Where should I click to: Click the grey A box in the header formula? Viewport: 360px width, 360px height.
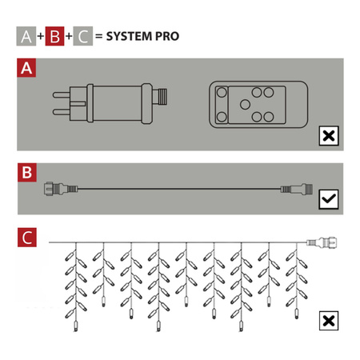[26, 36]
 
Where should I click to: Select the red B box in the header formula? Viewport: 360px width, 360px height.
[54, 36]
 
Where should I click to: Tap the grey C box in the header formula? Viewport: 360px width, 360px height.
[83, 36]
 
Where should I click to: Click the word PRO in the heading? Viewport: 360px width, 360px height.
[167, 36]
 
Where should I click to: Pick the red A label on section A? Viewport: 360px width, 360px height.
[26, 68]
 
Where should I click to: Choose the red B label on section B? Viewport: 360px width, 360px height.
[27, 173]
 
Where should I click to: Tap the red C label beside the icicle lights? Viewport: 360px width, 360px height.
[27, 238]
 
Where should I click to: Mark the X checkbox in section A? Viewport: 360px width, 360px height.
[329, 136]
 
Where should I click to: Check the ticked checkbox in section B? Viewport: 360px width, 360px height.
[329, 199]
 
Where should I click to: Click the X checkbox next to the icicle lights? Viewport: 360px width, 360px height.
[329, 321]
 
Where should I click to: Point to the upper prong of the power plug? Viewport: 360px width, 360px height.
[62, 95]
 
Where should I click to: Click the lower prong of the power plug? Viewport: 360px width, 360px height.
[62, 112]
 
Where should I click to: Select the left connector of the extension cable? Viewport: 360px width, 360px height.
[61, 189]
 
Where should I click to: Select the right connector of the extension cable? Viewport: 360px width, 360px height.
[297, 189]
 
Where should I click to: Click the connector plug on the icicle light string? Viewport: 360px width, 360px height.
[322, 242]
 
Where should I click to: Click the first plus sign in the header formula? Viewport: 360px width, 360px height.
[41, 36]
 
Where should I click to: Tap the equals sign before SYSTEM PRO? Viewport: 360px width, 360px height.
[99, 36]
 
